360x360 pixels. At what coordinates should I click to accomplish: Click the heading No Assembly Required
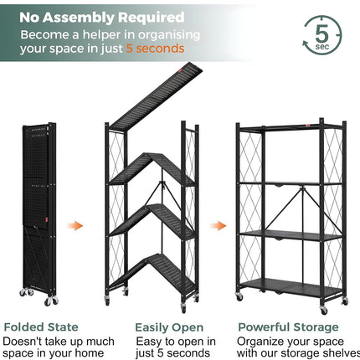point(102,17)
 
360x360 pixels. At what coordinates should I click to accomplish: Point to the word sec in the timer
point(322,49)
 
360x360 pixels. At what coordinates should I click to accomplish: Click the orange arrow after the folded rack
point(76,225)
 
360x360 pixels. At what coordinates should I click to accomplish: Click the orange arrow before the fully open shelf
point(218,225)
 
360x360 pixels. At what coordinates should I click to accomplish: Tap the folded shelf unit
point(38,209)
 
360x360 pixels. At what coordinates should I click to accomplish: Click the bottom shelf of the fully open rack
point(291,287)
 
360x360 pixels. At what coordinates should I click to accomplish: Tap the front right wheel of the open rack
point(344,300)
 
